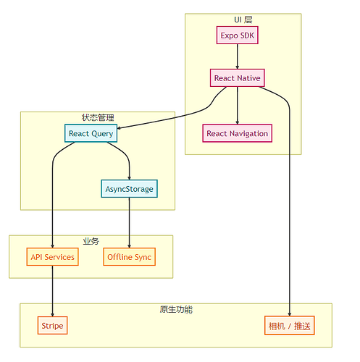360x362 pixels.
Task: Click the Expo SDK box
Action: tap(237, 35)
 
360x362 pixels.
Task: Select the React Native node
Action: tap(237, 78)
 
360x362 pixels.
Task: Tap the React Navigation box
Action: tap(237, 133)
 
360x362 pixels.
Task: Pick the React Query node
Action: tap(91, 133)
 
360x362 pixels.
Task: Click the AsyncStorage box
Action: tap(129, 189)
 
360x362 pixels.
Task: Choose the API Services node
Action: tap(52, 257)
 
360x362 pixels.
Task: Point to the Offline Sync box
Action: tap(129, 257)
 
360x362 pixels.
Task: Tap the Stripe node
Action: tap(52, 325)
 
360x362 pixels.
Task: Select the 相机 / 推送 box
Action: tap(289, 325)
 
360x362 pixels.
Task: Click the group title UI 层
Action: tap(243, 20)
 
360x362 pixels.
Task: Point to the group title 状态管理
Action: tap(98, 117)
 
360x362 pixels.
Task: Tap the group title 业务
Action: tap(91, 241)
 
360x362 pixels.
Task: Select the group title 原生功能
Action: tap(176, 309)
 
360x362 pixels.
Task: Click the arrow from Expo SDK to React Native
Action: tap(237, 56)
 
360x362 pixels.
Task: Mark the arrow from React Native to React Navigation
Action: tap(237, 106)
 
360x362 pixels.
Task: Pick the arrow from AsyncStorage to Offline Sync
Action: tap(129, 222)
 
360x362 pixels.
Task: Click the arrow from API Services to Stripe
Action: tap(52, 291)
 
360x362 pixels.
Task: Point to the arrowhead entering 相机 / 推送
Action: tap(289, 314)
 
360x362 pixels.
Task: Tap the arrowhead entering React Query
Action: tap(119, 128)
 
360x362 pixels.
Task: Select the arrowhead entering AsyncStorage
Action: tap(129, 178)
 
